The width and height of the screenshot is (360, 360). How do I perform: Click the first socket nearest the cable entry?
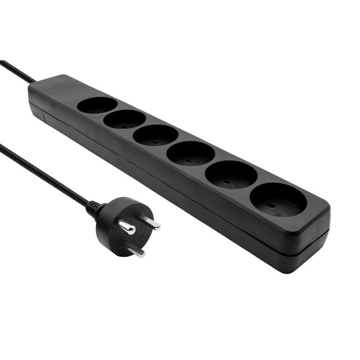(x=97, y=105)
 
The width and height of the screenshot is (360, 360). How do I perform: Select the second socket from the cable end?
(x=125, y=119)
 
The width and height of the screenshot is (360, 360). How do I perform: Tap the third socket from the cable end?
(x=156, y=135)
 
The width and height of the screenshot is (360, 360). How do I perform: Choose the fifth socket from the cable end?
(x=231, y=174)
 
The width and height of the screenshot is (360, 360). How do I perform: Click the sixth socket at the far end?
(x=278, y=200)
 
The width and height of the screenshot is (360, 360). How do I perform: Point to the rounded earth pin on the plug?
(x=127, y=228)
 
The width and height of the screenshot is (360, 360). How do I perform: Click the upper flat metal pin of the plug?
(x=149, y=222)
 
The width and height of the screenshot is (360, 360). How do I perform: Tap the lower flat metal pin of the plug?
(x=135, y=250)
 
